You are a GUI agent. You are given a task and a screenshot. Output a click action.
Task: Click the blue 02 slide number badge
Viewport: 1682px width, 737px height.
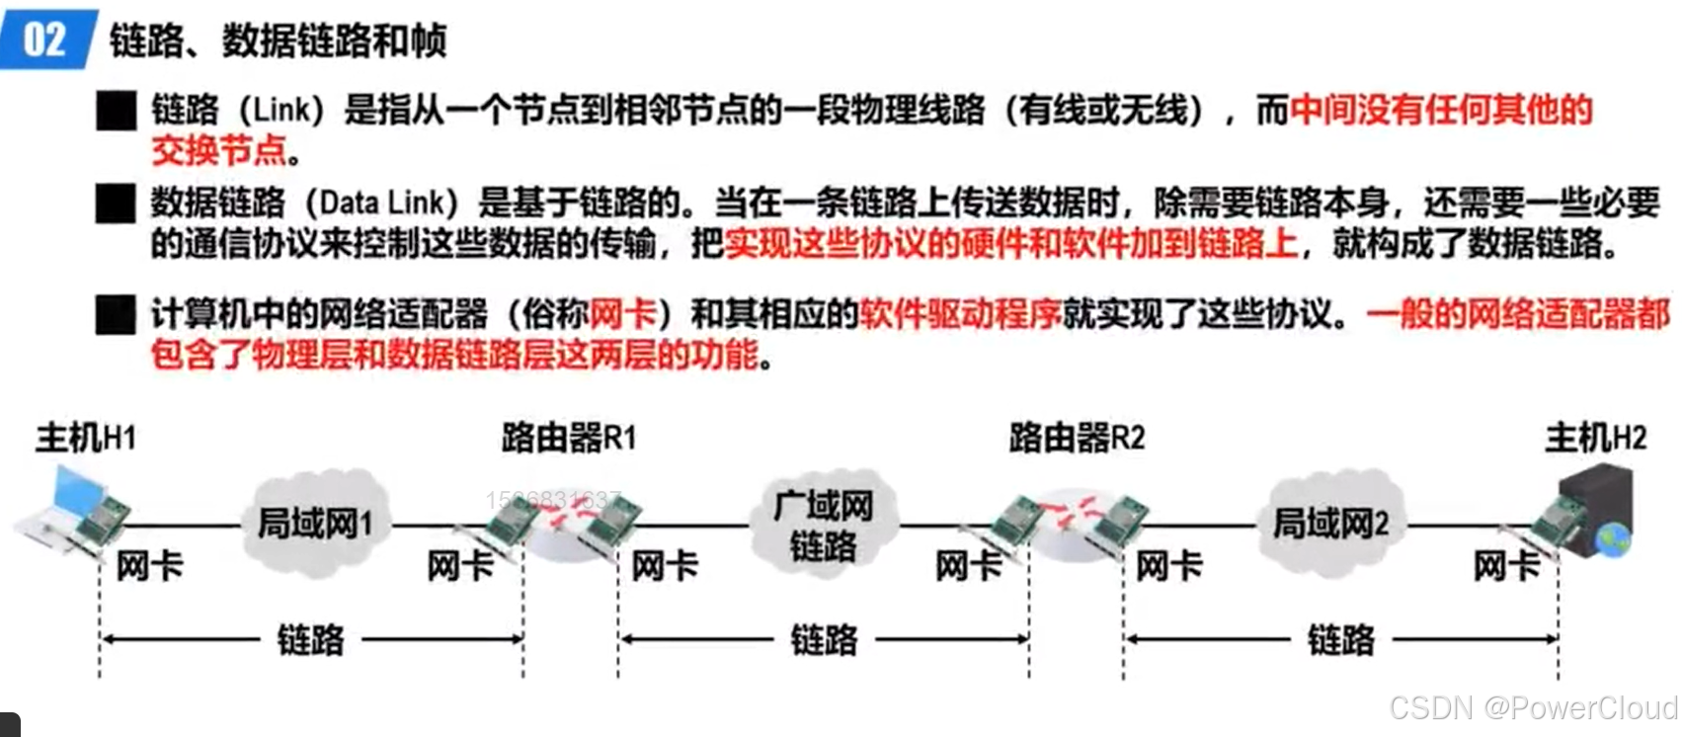(x=45, y=40)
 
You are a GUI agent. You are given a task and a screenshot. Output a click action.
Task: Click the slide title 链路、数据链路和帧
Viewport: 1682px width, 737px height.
(x=278, y=41)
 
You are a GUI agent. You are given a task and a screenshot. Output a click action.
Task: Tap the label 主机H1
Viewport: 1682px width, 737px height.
(x=86, y=438)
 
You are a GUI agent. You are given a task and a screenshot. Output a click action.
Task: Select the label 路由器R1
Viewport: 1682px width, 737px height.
(x=569, y=437)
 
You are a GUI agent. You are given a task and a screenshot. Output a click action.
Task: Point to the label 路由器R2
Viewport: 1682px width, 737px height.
(x=1077, y=437)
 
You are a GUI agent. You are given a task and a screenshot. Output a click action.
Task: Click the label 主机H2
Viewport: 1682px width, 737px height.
(x=1596, y=437)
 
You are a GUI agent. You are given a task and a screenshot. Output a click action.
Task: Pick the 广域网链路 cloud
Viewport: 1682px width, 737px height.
(x=824, y=526)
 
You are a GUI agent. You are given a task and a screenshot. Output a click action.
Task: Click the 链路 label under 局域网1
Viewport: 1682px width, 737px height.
(x=311, y=640)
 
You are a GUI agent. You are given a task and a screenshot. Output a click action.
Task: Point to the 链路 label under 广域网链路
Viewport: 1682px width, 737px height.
(x=824, y=640)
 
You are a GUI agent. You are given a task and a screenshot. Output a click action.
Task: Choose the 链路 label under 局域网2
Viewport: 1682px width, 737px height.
(x=1340, y=640)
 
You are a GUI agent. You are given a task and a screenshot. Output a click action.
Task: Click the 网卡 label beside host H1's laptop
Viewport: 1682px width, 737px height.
(x=149, y=567)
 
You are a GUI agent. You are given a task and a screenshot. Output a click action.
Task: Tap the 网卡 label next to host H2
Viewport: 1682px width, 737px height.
(x=1506, y=567)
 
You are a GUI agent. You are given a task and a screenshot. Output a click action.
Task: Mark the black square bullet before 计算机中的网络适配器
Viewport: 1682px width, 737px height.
(x=117, y=315)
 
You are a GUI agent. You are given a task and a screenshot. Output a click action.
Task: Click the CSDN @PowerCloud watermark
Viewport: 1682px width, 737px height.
(x=1533, y=708)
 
